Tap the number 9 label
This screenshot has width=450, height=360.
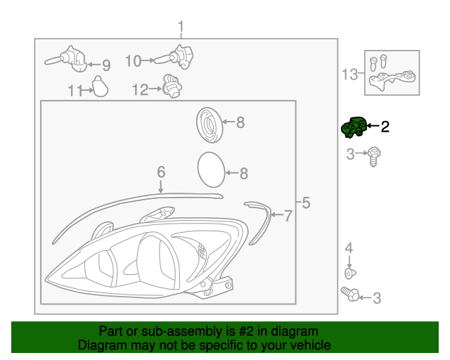106,66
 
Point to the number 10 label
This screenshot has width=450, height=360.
134,61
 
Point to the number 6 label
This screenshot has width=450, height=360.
160,172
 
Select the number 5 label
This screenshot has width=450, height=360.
305,204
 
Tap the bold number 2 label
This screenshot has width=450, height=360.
385,127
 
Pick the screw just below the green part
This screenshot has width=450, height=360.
374,155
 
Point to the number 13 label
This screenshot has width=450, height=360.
349,72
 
